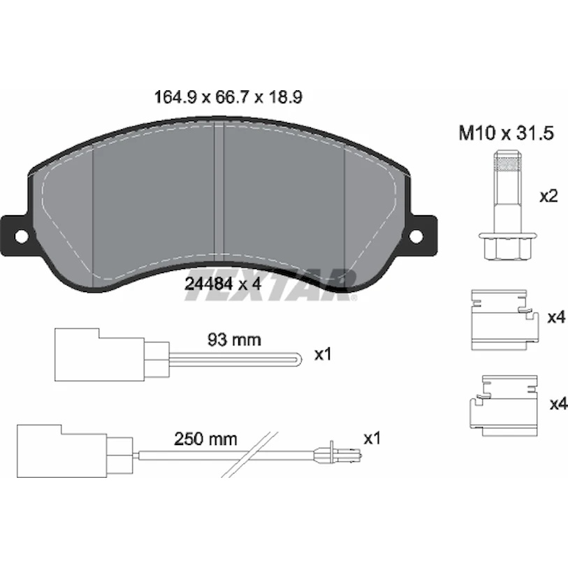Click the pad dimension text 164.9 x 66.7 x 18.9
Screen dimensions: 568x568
coord(228,97)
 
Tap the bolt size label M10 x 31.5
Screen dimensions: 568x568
coord(506,133)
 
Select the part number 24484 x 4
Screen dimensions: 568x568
coord(223,284)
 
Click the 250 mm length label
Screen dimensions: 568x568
coord(205,439)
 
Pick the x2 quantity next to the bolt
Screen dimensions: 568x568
coord(549,197)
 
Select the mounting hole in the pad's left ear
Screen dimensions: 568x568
coord(22,236)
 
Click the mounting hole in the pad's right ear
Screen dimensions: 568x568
coord(416,236)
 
